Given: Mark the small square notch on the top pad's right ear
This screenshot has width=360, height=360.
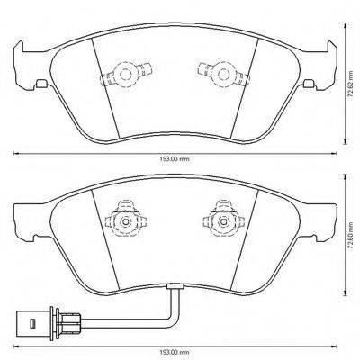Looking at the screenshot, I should click(x=309, y=85).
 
